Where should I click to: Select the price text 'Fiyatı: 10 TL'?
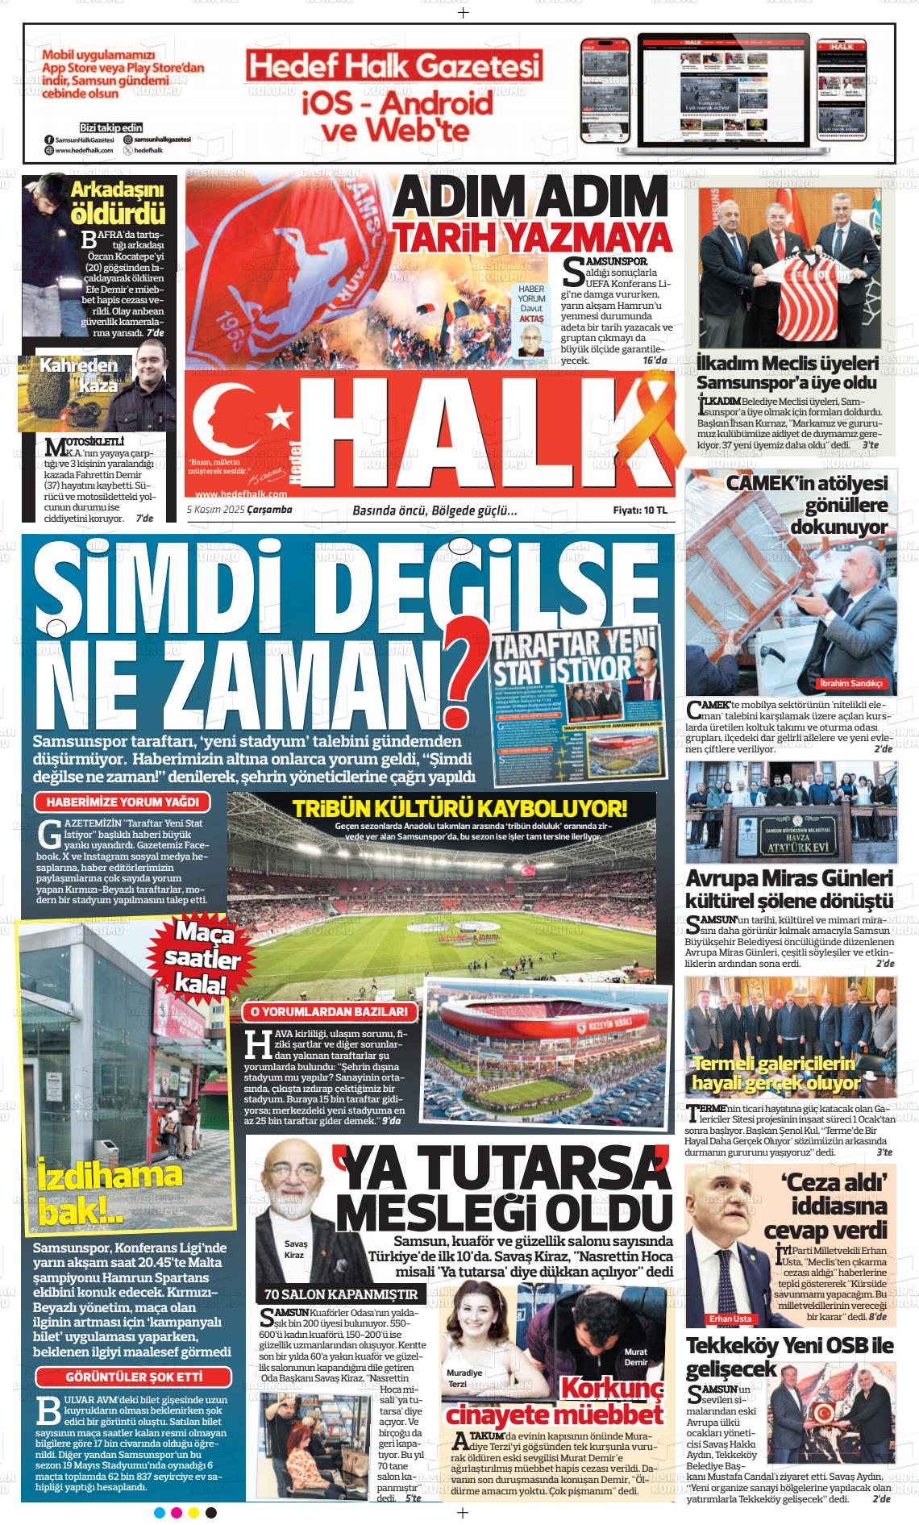(640, 510)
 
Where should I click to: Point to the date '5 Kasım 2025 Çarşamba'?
(239, 510)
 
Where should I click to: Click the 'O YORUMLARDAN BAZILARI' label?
(331, 1012)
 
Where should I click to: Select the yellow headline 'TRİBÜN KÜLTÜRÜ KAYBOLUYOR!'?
(460, 809)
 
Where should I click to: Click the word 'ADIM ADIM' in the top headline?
(528, 198)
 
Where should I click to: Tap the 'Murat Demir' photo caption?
(636, 1356)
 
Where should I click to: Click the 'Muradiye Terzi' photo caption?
(464, 1378)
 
